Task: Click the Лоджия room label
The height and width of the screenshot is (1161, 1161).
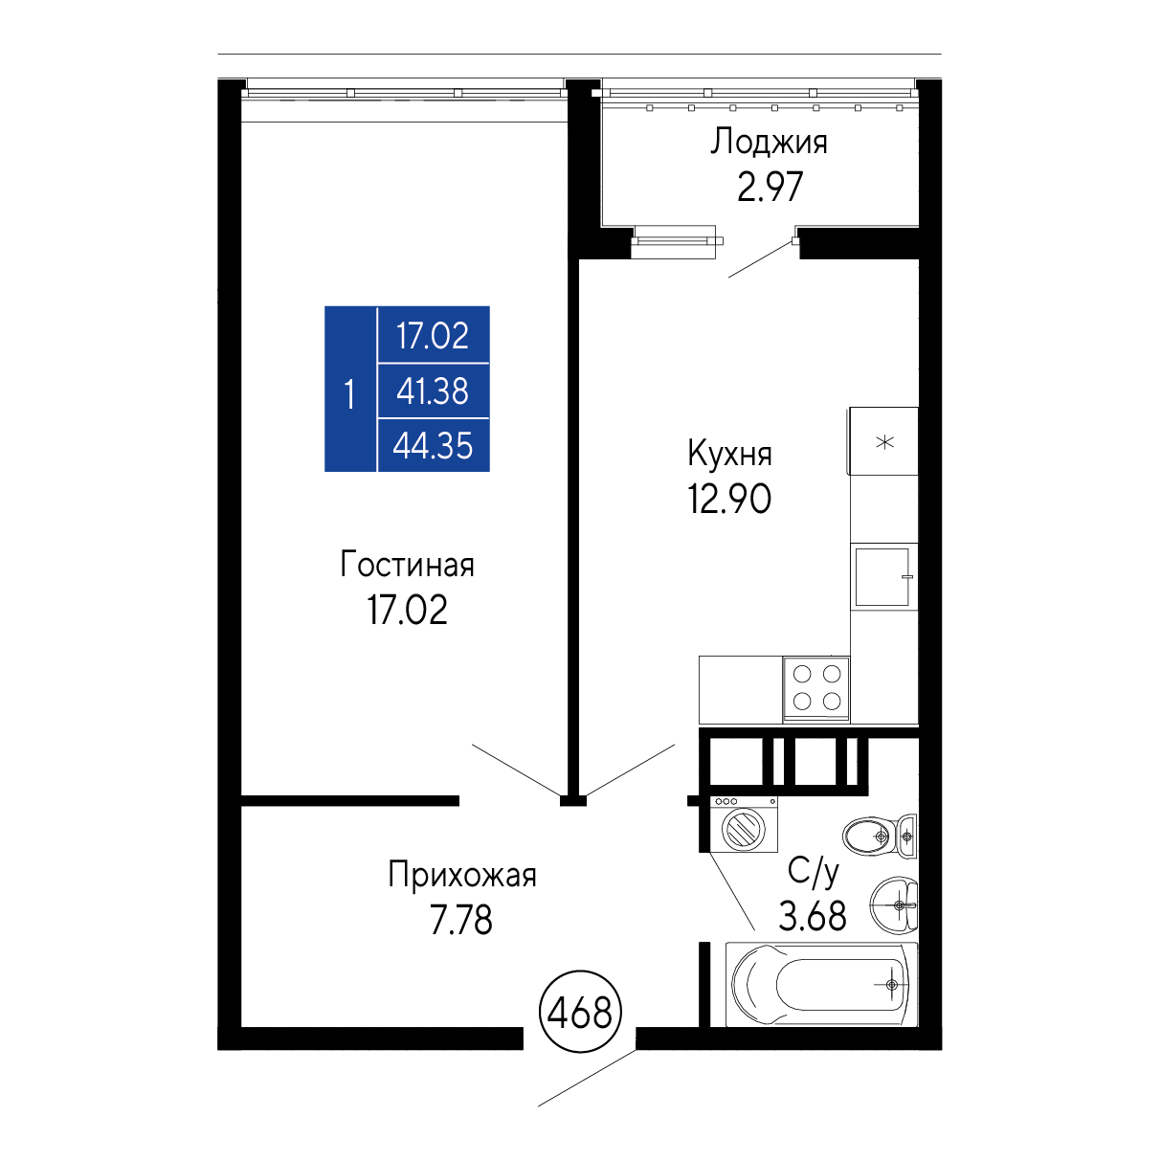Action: point(769,143)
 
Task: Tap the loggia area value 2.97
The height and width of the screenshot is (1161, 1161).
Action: point(770,187)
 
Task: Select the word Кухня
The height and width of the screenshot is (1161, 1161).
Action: point(729,454)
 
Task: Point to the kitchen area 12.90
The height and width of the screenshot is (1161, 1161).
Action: point(729,499)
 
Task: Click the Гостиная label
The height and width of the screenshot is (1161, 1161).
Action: point(408,565)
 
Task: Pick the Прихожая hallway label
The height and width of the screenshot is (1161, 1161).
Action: point(462,875)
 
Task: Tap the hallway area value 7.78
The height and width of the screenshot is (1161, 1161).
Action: point(461,920)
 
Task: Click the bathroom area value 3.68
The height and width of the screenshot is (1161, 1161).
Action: point(813,916)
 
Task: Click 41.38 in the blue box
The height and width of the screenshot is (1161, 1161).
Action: point(433,391)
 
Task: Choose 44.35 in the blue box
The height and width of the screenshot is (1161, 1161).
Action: point(433,446)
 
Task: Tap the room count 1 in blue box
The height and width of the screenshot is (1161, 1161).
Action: point(349,395)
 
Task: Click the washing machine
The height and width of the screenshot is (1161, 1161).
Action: point(744,823)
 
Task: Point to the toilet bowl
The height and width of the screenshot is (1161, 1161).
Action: point(879,836)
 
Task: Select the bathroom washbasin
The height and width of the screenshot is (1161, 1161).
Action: point(894,904)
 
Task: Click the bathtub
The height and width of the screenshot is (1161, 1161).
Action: point(821,985)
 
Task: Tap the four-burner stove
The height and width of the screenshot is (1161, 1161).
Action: point(816,688)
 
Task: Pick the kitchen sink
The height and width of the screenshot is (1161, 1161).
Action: point(882,576)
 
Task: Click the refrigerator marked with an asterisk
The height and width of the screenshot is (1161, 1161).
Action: point(883,441)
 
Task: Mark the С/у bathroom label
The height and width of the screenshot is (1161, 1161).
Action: point(814,872)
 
